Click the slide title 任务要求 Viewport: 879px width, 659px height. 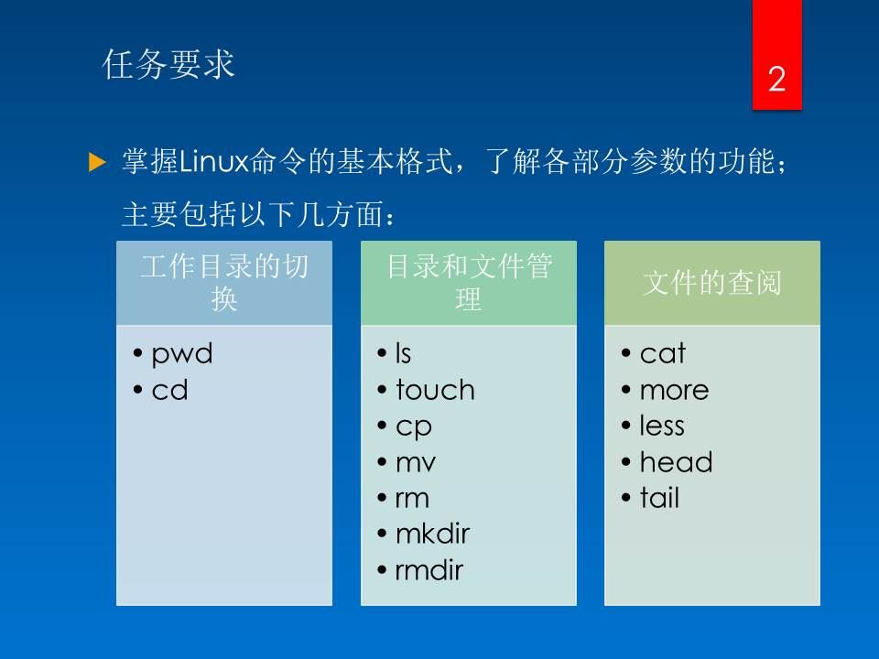point(168,64)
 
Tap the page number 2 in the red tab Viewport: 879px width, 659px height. point(776,79)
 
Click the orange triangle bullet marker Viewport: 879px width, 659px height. point(98,163)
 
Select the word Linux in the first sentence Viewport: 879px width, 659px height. point(213,161)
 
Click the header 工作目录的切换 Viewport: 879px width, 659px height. point(224,283)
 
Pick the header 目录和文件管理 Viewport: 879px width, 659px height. point(469,283)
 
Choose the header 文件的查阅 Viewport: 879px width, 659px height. point(712,283)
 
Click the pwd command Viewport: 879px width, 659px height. point(182,354)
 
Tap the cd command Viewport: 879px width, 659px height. point(170,390)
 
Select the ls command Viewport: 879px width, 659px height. point(404,353)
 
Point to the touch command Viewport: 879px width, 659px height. point(435,390)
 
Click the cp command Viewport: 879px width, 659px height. point(414,427)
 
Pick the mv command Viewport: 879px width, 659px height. point(416,463)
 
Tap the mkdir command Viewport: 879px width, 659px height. point(433,534)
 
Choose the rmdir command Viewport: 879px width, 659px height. point(429,570)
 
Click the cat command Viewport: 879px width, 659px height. point(663,353)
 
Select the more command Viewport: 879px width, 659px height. point(675,391)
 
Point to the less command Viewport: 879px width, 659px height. point(662,426)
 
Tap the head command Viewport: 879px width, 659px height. point(676,462)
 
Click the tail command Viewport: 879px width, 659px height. point(660,498)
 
